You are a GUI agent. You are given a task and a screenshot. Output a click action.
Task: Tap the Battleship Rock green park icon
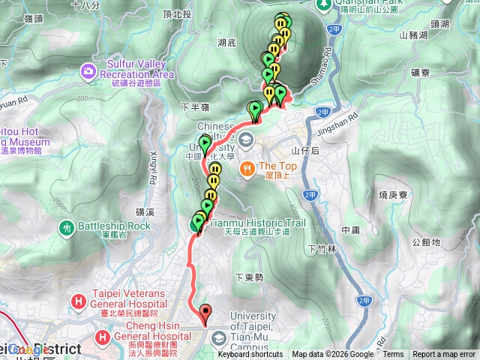pos(68,226)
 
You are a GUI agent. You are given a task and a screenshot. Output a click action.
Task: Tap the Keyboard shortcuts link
pos(250,355)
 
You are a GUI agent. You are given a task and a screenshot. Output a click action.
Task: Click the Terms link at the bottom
pos(393,355)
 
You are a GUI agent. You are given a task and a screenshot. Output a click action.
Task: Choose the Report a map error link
pos(445,355)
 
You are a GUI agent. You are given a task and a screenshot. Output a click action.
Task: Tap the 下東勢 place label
pos(249,277)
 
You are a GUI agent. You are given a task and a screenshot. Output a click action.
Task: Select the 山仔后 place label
pos(306,151)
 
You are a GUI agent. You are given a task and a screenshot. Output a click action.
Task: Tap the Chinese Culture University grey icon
pos(247,138)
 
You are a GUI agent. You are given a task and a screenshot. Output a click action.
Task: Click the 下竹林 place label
pos(322,248)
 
